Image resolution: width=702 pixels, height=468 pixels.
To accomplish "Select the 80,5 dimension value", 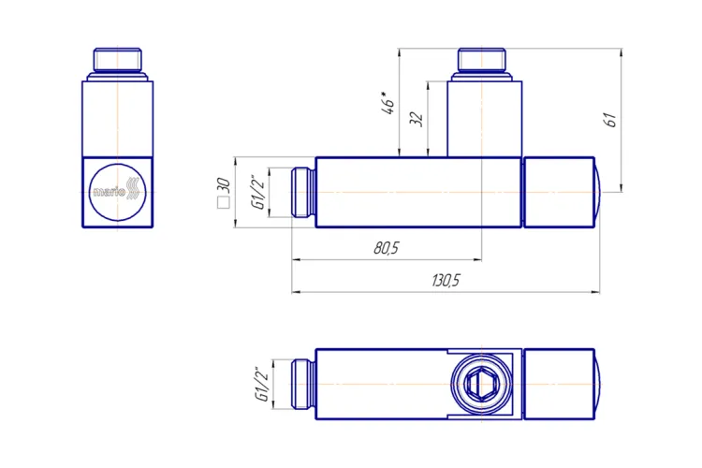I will click(386, 248).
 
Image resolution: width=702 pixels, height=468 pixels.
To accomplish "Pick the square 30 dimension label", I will click(223, 192).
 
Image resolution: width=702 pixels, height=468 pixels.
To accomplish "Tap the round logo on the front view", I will click(117, 192).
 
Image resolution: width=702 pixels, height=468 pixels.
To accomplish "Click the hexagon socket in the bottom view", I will click(482, 385).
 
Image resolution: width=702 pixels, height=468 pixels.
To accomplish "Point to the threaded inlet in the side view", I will click(303, 193).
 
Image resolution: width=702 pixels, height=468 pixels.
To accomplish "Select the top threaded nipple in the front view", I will click(117, 61).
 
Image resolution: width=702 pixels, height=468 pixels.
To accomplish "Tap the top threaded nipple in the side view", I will click(482, 61).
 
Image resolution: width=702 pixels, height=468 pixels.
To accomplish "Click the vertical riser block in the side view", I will click(482, 117).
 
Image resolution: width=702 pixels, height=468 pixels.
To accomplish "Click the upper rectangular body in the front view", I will click(117, 117).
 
